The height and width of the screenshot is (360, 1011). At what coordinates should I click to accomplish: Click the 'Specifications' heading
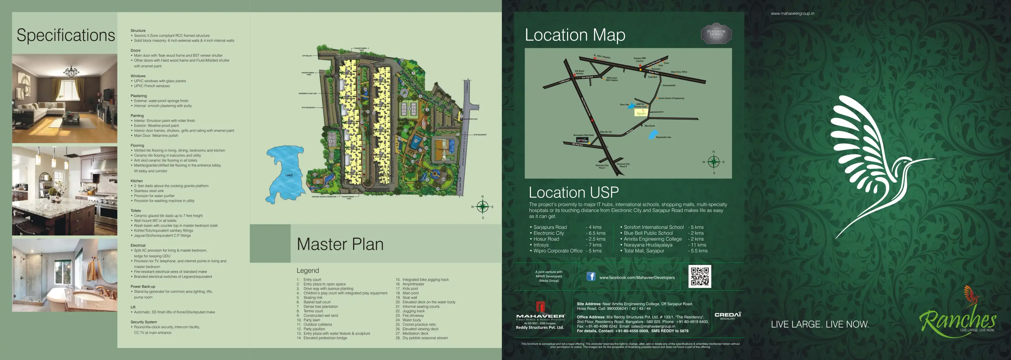tap(66, 35)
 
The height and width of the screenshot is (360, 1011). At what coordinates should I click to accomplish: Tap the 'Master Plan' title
tap(340, 244)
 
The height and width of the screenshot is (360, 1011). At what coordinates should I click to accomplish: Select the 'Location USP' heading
tap(573, 192)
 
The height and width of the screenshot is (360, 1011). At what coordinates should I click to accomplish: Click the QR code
tap(699, 276)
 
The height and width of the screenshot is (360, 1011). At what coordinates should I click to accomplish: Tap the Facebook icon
tap(591, 276)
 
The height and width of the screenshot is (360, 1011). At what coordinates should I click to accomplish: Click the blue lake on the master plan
tap(285, 173)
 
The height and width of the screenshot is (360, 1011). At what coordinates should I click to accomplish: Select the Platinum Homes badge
tap(716, 33)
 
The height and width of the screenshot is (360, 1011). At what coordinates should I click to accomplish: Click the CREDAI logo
tap(728, 315)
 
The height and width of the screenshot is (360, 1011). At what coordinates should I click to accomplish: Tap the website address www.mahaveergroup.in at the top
tap(792, 13)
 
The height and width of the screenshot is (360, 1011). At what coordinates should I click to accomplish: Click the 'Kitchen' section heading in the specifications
tap(137, 181)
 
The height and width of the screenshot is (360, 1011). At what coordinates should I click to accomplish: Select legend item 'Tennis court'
tap(313, 311)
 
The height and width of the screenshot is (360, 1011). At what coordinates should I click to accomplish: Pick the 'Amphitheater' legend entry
tap(413, 284)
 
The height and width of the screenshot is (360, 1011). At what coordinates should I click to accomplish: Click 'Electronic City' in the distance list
tap(549, 233)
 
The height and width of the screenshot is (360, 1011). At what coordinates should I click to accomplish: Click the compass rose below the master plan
tap(482, 206)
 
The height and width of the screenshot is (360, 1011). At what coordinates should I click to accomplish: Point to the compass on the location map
tap(713, 162)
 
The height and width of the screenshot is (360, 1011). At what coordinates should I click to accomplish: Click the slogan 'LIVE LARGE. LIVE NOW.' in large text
tap(820, 324)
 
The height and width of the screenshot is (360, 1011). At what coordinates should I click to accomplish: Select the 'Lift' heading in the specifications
tap(133, 307)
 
